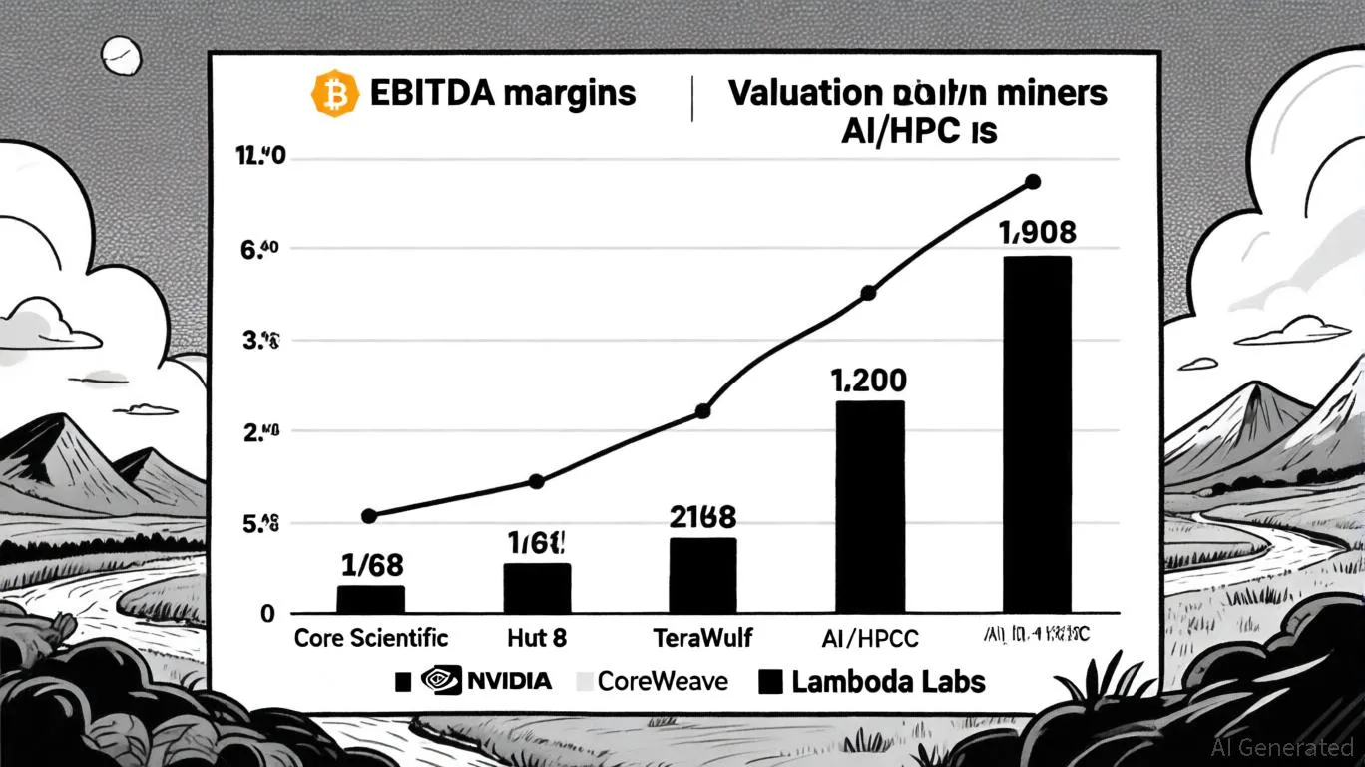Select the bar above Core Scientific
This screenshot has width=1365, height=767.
(x=371, y=599)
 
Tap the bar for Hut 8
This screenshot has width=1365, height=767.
(x=537, y=588)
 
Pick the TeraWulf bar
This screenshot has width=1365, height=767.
(x=702, y=575)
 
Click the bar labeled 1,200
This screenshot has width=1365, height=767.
(x=869, y=506)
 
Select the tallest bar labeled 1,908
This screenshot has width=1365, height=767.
(x=1037, y=433)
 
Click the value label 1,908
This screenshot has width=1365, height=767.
(x=1038, y=233)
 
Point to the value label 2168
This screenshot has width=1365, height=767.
(x=702, y=516)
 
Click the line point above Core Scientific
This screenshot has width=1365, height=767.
(x=369, y=516)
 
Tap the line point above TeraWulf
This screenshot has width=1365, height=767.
(x=702, y=410)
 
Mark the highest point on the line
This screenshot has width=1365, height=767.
(x=1033, y=182)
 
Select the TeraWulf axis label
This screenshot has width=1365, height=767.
(x=702, y=638)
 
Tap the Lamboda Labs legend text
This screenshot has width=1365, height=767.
(x=888, y=682)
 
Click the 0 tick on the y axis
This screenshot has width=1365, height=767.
(x=267, y=614)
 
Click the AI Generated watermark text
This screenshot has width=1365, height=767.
(x=1281, y=747)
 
